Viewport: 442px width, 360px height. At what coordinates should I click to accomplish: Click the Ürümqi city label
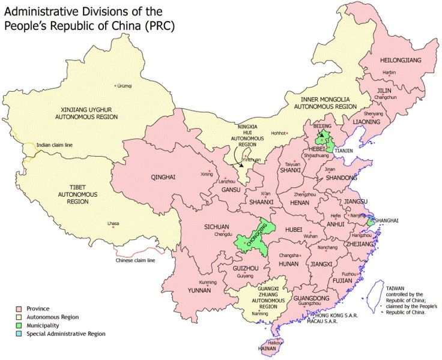click(x=124, y=86)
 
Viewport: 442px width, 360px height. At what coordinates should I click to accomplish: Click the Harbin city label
click(x=389, y=72)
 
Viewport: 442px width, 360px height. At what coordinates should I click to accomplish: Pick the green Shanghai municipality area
click(x=371, y=221)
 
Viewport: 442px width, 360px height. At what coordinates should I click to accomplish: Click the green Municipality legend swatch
click(x=19, y=325)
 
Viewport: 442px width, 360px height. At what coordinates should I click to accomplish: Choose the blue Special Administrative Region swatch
click(x=19, y=333)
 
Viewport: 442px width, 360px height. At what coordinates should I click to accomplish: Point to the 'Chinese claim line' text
click(x=135, y=260)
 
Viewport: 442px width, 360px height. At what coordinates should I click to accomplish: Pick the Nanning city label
click(x=259, y=313)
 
